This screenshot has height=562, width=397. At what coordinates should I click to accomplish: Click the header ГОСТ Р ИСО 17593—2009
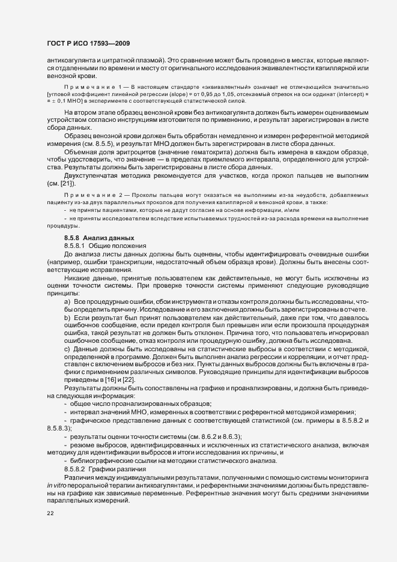88,44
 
